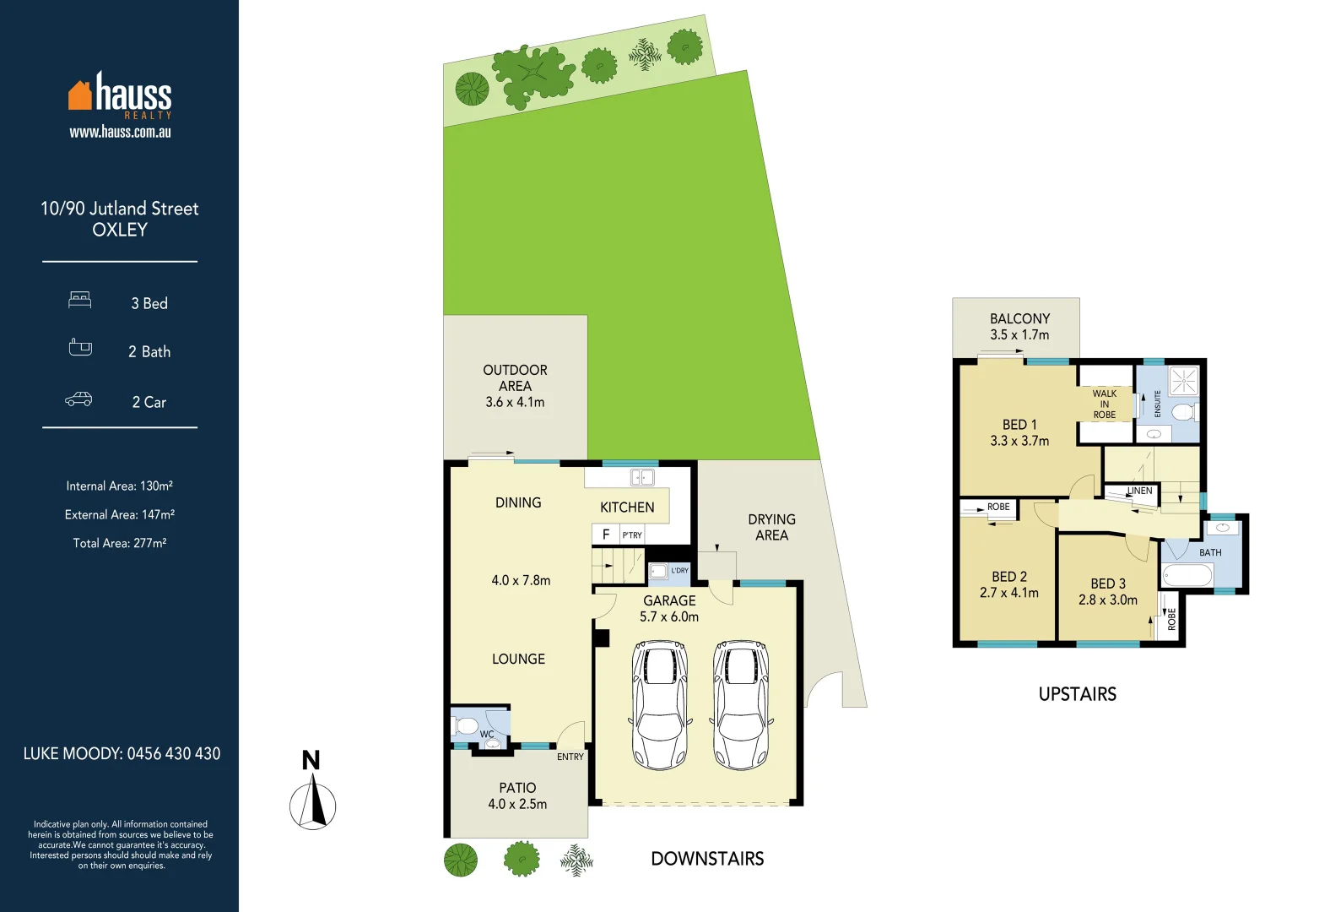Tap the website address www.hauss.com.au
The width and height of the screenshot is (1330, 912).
point(120,132)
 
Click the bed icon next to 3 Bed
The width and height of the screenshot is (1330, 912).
point(80,300)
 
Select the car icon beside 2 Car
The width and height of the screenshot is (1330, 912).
point(78,399)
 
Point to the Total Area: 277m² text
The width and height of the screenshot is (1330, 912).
point(120,543)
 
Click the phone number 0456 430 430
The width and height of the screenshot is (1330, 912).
point(173,753)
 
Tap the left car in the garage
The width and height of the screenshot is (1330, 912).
point(660,705)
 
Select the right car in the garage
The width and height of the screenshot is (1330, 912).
point(741,705)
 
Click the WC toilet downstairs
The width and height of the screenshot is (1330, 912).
point(466,725)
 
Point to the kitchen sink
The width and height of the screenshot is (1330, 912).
point(642,478)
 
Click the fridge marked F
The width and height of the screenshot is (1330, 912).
point(605,535)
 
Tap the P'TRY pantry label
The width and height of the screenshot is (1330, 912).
point(632,535)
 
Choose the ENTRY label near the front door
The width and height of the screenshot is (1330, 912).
point(570,757)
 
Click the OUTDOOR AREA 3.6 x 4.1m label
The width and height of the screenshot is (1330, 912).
point(515,386)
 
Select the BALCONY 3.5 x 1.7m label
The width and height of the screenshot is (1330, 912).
point(1019,326)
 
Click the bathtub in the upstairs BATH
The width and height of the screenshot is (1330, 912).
point(1187,577)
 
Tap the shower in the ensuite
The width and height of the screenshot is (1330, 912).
point(1183,380)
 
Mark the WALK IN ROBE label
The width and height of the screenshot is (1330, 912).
point(1104,404)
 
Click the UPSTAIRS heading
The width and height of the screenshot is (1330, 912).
point(1077,694)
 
